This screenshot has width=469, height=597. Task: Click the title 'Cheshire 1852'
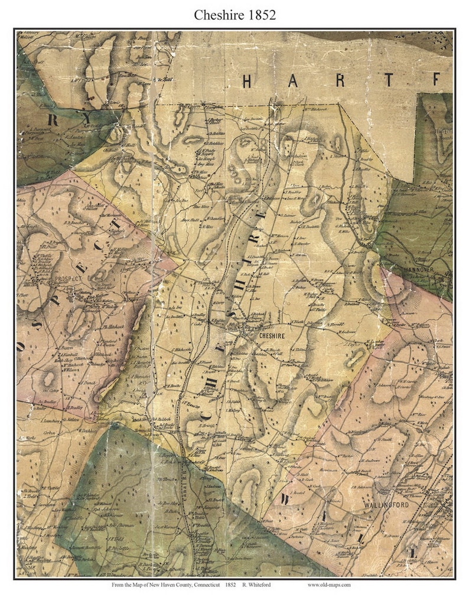click(x=234, y=14)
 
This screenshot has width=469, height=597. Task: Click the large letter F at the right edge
click(x=436, y=80)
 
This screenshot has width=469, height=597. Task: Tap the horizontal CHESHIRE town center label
click(x=272, y=335)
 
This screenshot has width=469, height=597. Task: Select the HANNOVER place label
click(x=419, y=269)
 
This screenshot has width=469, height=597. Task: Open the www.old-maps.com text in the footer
click(x=329, y=585)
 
